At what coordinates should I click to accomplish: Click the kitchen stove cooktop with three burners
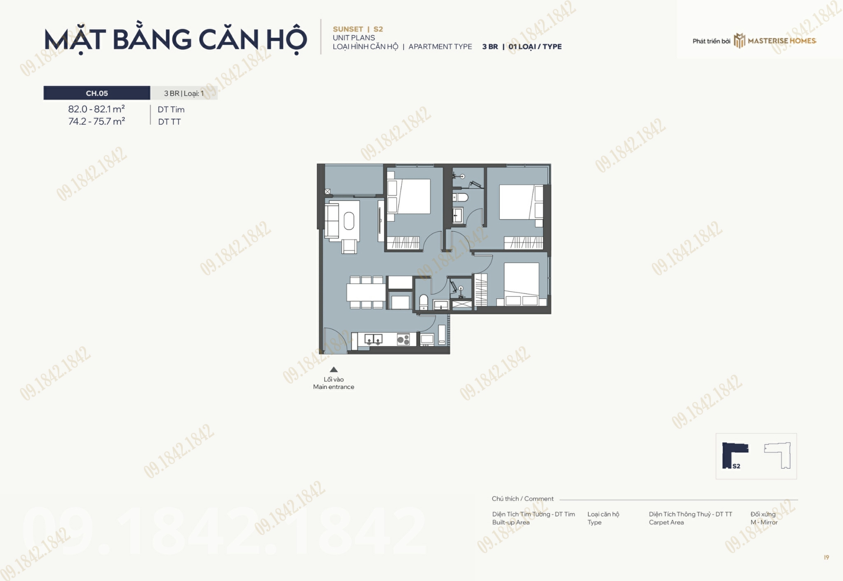pos(403,339)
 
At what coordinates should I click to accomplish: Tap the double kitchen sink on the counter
pos(373,339)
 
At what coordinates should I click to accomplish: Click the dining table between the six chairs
pos(366,292)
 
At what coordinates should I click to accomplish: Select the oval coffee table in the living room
pos(349,221)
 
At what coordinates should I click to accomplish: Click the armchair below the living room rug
pos(349,246)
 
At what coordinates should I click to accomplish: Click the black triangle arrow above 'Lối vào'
pos(333,369)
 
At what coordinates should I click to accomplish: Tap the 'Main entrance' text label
pos(333,387)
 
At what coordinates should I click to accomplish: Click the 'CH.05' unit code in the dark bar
pos(97,93)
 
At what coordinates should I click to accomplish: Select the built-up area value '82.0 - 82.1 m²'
pos(97,109)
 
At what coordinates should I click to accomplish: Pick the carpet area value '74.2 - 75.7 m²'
pos(97,121)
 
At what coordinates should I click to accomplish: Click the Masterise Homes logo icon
pos(739,40)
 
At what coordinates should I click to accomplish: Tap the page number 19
pos(827,557)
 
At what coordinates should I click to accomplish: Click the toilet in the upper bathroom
pos(460,197)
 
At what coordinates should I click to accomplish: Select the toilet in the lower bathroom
pos(424,302)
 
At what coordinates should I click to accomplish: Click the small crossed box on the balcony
pos(328,191)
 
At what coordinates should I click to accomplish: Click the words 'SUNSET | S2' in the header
pos(358,29)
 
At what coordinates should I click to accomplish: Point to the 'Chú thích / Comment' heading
pos(523,499)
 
